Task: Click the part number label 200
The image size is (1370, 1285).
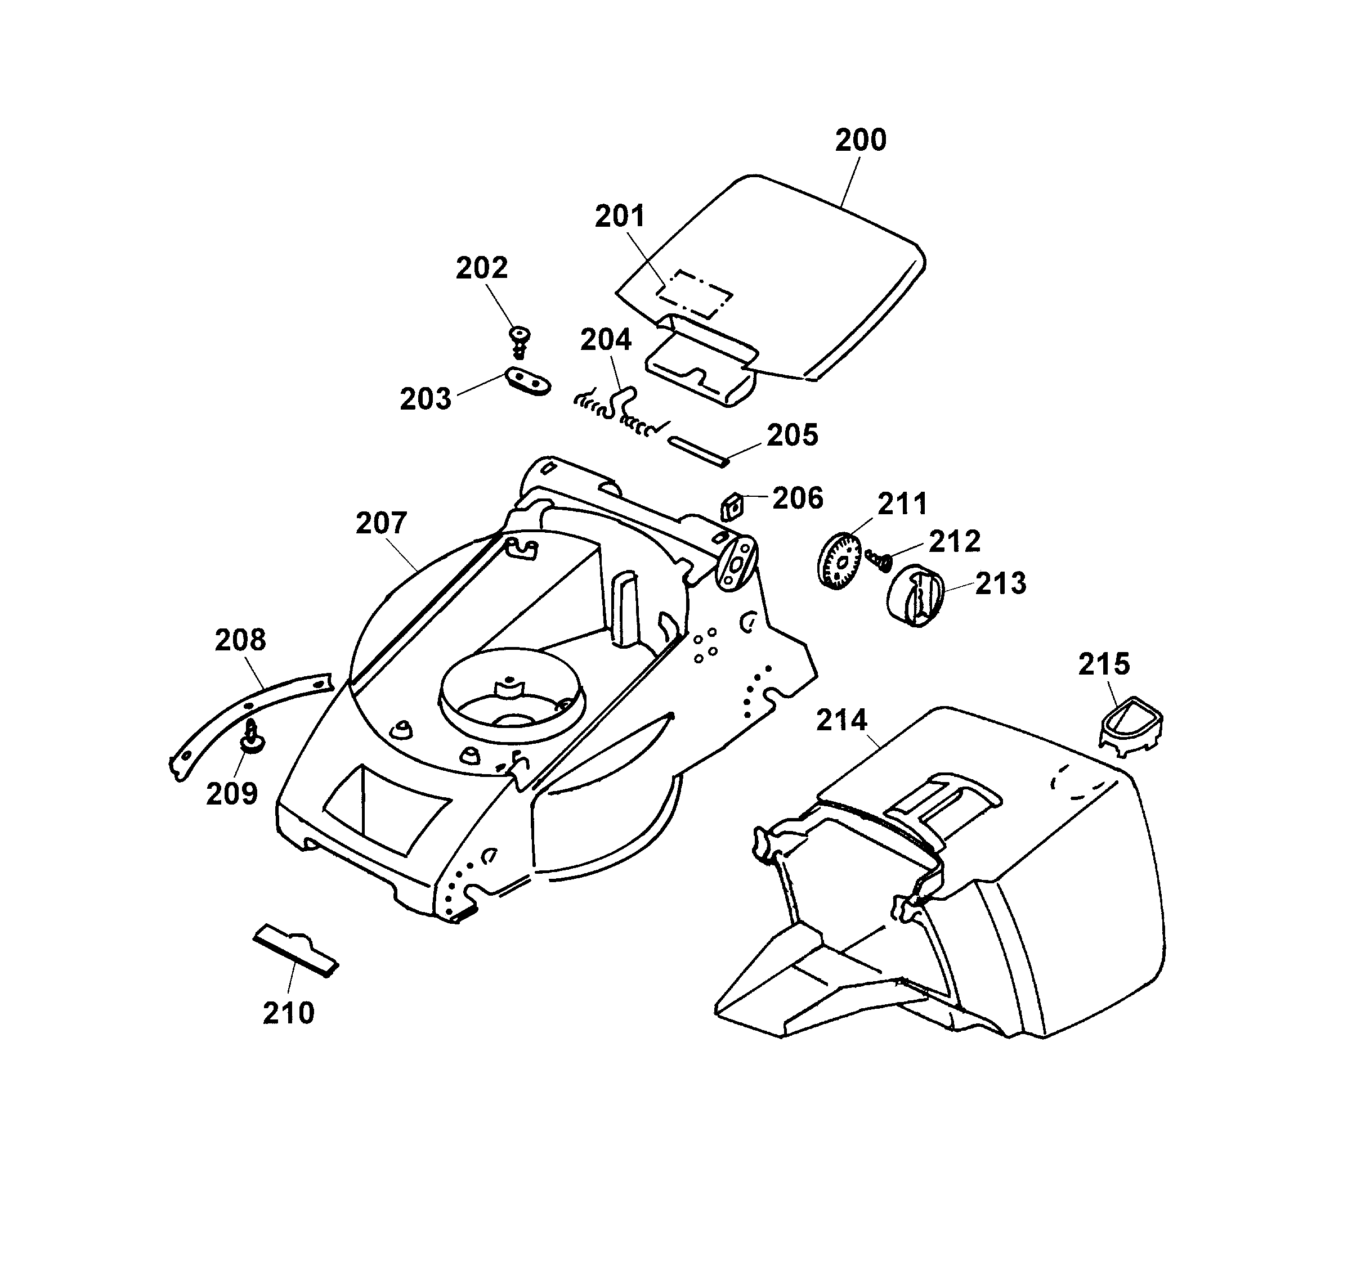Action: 860,141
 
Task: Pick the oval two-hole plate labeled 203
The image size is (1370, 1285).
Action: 529,381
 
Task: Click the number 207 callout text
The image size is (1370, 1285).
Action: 381,523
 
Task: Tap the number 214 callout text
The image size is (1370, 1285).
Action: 841,721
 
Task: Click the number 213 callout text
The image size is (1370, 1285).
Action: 1000,585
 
